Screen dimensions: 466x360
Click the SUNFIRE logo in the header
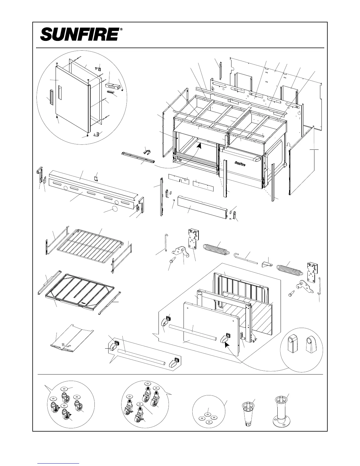[x=79, y=35]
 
